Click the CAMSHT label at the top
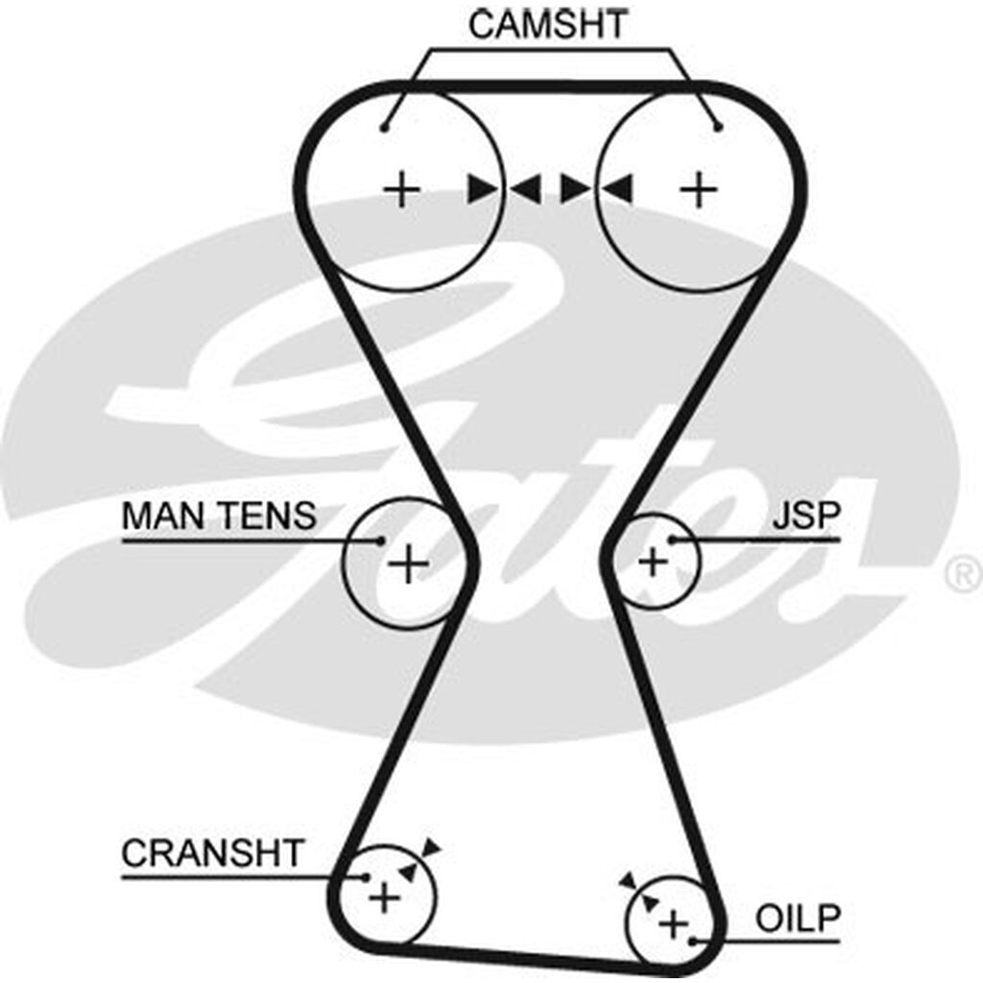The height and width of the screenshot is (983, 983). coord(548,24)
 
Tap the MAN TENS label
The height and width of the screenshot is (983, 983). coord(218,516)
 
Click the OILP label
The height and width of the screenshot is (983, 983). coord(797,919)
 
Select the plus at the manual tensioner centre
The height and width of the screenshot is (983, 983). coord(409,563)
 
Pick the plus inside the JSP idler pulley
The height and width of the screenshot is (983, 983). coord(653,561)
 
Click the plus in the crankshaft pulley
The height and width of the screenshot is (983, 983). coord(384,899)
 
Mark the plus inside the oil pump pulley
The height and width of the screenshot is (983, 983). coord(674,923)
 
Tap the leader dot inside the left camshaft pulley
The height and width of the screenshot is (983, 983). coord(383,126)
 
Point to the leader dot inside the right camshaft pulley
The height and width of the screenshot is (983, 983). coord(716,126)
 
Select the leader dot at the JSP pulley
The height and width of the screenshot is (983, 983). coord(673,540)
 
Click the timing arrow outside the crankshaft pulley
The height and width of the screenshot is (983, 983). coord(432,847)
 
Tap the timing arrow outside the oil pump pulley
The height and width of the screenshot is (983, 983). coord(629,879)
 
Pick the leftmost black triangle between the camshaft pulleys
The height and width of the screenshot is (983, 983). coord(481,189)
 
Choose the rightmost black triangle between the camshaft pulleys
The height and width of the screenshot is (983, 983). coord(619,189)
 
